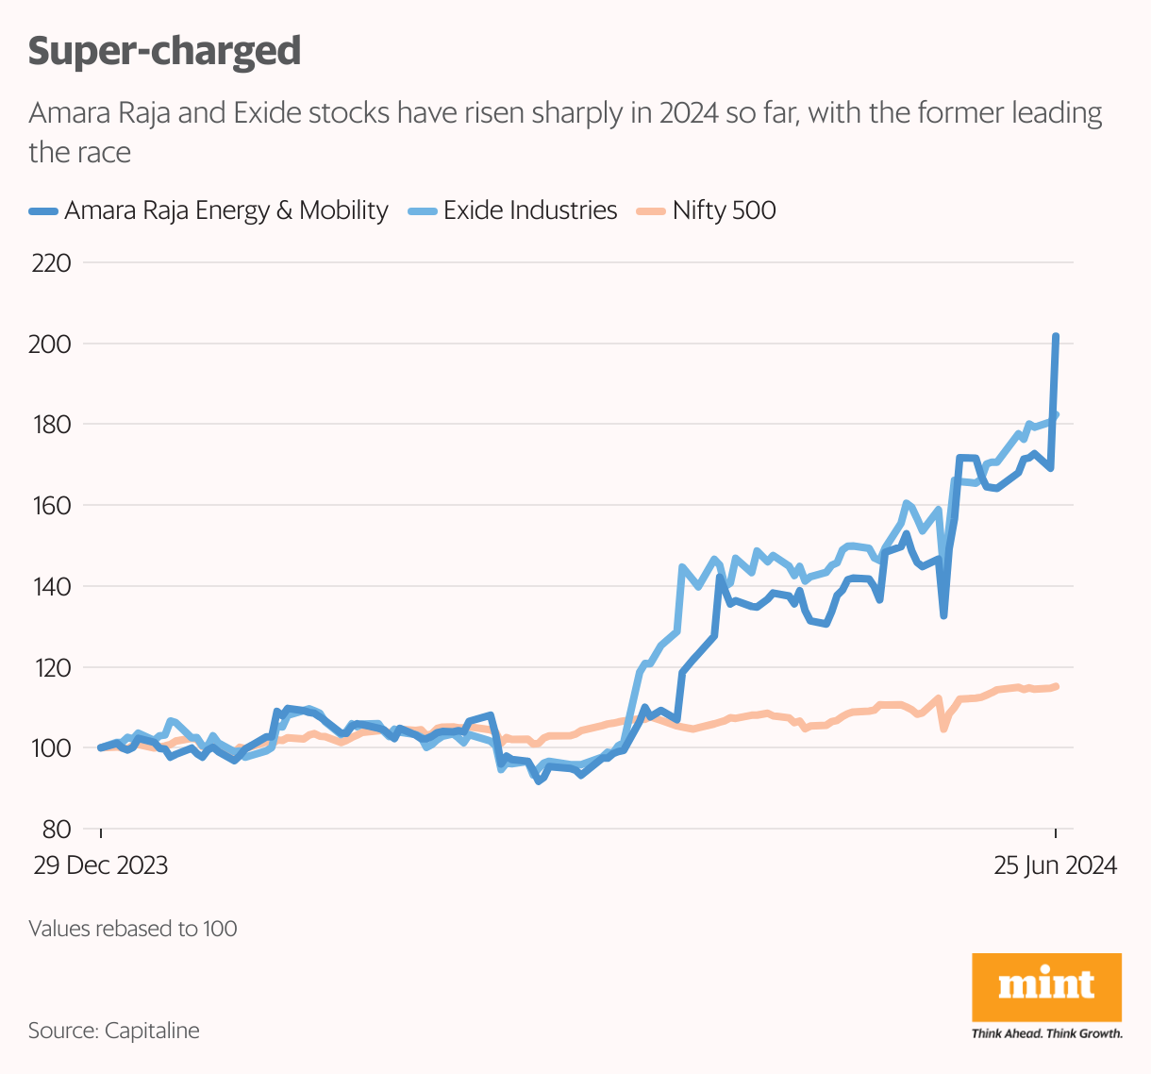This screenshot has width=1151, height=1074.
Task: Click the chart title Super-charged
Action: (164, 51)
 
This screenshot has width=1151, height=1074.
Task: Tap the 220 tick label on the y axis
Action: (51, 262)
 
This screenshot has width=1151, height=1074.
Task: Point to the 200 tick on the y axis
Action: (51, 344)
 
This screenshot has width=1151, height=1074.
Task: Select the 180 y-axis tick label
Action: (51, 425)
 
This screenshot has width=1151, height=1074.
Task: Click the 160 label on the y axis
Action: (51, 506)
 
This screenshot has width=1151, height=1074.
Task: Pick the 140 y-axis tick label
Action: (51, 586)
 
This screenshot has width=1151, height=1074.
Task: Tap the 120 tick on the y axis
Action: (51, 667)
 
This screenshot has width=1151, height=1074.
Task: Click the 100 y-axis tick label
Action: (51, 748)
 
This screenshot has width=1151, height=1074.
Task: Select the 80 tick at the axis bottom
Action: (57, 830)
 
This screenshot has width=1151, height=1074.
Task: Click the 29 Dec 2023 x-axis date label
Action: (101, 865)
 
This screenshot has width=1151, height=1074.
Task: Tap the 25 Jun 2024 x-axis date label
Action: (1055, 865)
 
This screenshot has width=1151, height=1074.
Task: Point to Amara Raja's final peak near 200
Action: (1056, 336)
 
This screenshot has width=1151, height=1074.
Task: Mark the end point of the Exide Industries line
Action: (1056, 414)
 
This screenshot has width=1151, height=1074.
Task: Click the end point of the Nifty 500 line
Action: (1056, 686)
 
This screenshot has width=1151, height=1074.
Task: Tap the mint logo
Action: (1046, 987)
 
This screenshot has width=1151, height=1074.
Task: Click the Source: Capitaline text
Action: (114, 1030)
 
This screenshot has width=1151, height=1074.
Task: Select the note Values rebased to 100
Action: (133, 929)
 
